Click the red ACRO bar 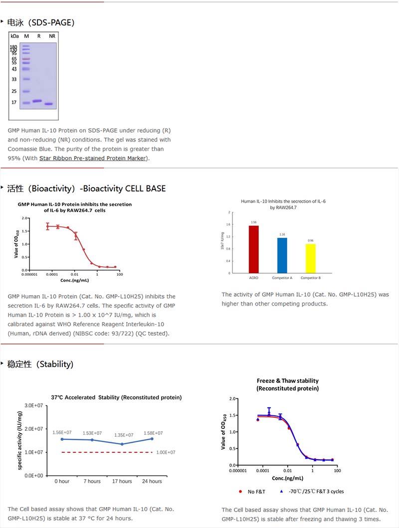tap(253, 249)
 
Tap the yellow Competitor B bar tap(311, 258)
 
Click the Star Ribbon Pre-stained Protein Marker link tap(93, 158)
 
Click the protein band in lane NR tap(49, 104)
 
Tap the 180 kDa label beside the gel tap(13, 47)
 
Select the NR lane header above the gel tap(52, 36)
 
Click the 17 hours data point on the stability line tap(122, 444)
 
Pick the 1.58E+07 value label tap(153, 433)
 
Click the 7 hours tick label tap(92, 481)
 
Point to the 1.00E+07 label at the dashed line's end tap(166, 452)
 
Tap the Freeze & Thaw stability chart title tap(287, 384)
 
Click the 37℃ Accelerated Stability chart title tap(116, 397)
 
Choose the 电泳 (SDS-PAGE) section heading tap(41, 22)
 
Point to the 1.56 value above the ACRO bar tap(253, 222)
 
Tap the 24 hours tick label tap(152, 481)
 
